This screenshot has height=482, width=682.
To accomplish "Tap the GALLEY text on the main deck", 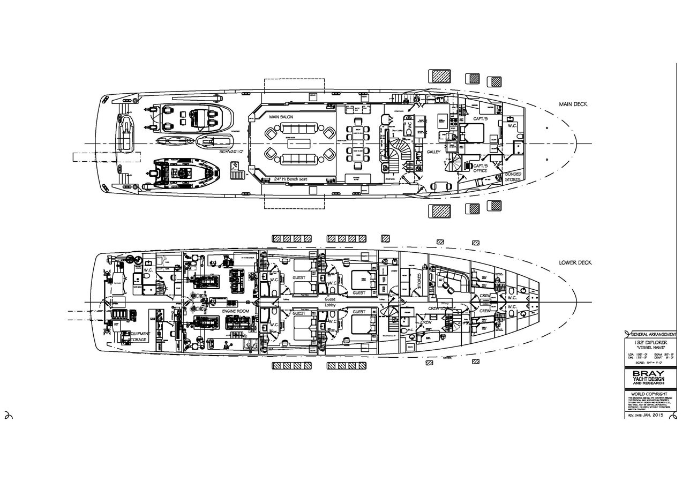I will click(x=433, y=152).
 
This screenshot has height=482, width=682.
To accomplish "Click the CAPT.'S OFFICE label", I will click(x=480, y=168).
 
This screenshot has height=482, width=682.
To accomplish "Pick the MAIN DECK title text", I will click(x=573, y=104).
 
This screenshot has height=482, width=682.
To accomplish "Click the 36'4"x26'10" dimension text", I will click(x=231, y=152).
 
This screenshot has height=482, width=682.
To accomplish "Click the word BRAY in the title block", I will click(x=649, y=373).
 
